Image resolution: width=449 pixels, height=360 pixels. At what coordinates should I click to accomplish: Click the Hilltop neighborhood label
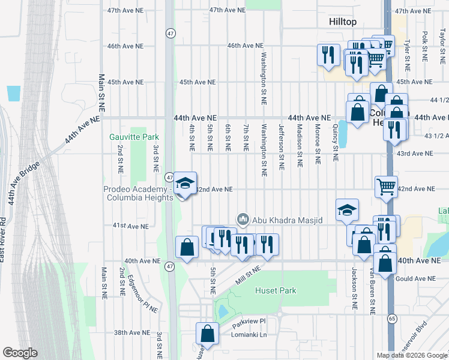click(343, 22)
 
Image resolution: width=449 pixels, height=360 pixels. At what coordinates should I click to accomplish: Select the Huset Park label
click(276, 290)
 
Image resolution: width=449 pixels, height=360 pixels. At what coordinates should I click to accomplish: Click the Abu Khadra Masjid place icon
click(243, 220)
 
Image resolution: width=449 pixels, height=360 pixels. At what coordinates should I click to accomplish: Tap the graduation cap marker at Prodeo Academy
click(185, 184)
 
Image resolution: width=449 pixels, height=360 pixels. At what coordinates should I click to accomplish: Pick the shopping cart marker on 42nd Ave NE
click(386, 186)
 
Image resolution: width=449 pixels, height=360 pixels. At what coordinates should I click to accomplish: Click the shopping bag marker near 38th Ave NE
click(207, 332)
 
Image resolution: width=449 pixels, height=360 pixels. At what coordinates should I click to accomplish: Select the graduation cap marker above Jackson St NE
click(347, 210)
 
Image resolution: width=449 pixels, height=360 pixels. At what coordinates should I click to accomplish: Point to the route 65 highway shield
click(391, 317)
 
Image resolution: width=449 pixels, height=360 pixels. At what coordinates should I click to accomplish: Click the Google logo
click(20, 353)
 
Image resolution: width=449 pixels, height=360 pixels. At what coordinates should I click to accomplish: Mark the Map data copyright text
click(411, 355)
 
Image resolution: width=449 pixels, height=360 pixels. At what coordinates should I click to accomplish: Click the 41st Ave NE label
click(130, 226)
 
